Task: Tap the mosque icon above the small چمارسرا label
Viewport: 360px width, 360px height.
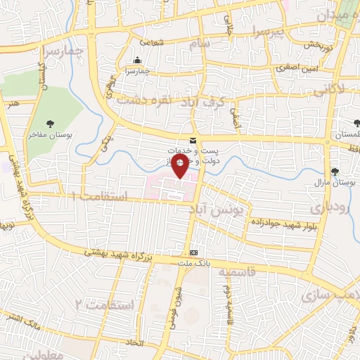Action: [x=136, y=61]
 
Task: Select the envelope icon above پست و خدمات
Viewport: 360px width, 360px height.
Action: [x=193, y=141]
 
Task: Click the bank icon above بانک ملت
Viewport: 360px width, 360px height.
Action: [x=194, y=253]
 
